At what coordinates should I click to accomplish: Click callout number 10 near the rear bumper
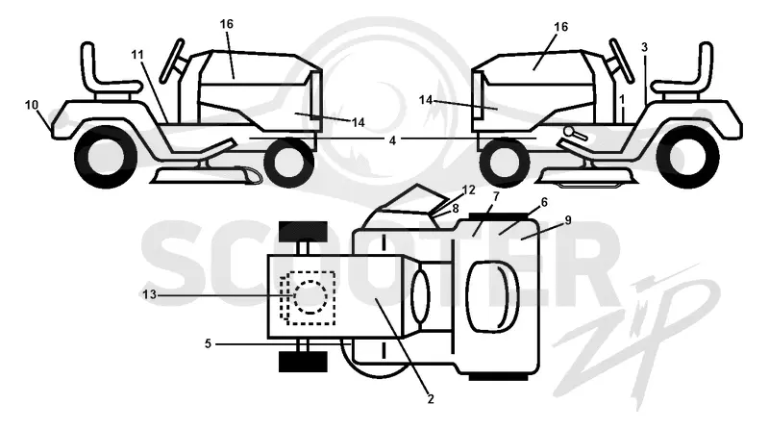(32, 105)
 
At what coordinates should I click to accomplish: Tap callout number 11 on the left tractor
(137, 55)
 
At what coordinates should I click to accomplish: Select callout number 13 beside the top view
(150, 294)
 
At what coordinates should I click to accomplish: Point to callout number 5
(208, 343)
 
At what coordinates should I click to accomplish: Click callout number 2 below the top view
(431, 399)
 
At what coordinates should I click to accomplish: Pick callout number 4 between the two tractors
(392, 140)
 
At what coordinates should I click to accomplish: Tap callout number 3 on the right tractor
(644, 47)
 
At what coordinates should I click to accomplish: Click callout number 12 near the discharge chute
(469, 190)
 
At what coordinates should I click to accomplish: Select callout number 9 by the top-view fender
(568, 220)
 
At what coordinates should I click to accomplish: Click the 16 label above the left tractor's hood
(227, 23)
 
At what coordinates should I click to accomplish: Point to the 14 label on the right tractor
(426, 100)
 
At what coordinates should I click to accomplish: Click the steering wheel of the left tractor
(172, 60)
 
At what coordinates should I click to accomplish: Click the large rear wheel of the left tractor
(106, 157)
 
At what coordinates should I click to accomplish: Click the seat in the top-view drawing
(492, 295)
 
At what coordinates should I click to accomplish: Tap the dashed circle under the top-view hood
(310, 296)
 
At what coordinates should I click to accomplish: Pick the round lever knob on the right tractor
(569, 131)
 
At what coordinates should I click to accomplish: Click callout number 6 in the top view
(543, 202)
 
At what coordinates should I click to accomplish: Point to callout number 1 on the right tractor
(622, 100)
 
